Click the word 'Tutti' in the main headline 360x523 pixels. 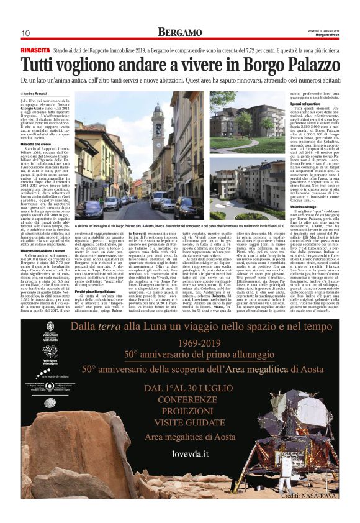point(43,64)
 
